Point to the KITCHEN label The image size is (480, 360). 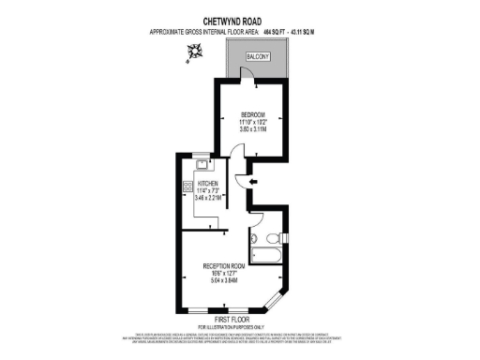[x=208, y=184]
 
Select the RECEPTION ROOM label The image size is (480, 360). [x=230, y=265]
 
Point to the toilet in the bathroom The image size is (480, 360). [x=269, y=236]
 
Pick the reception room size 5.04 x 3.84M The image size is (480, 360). [x=230, y=280]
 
